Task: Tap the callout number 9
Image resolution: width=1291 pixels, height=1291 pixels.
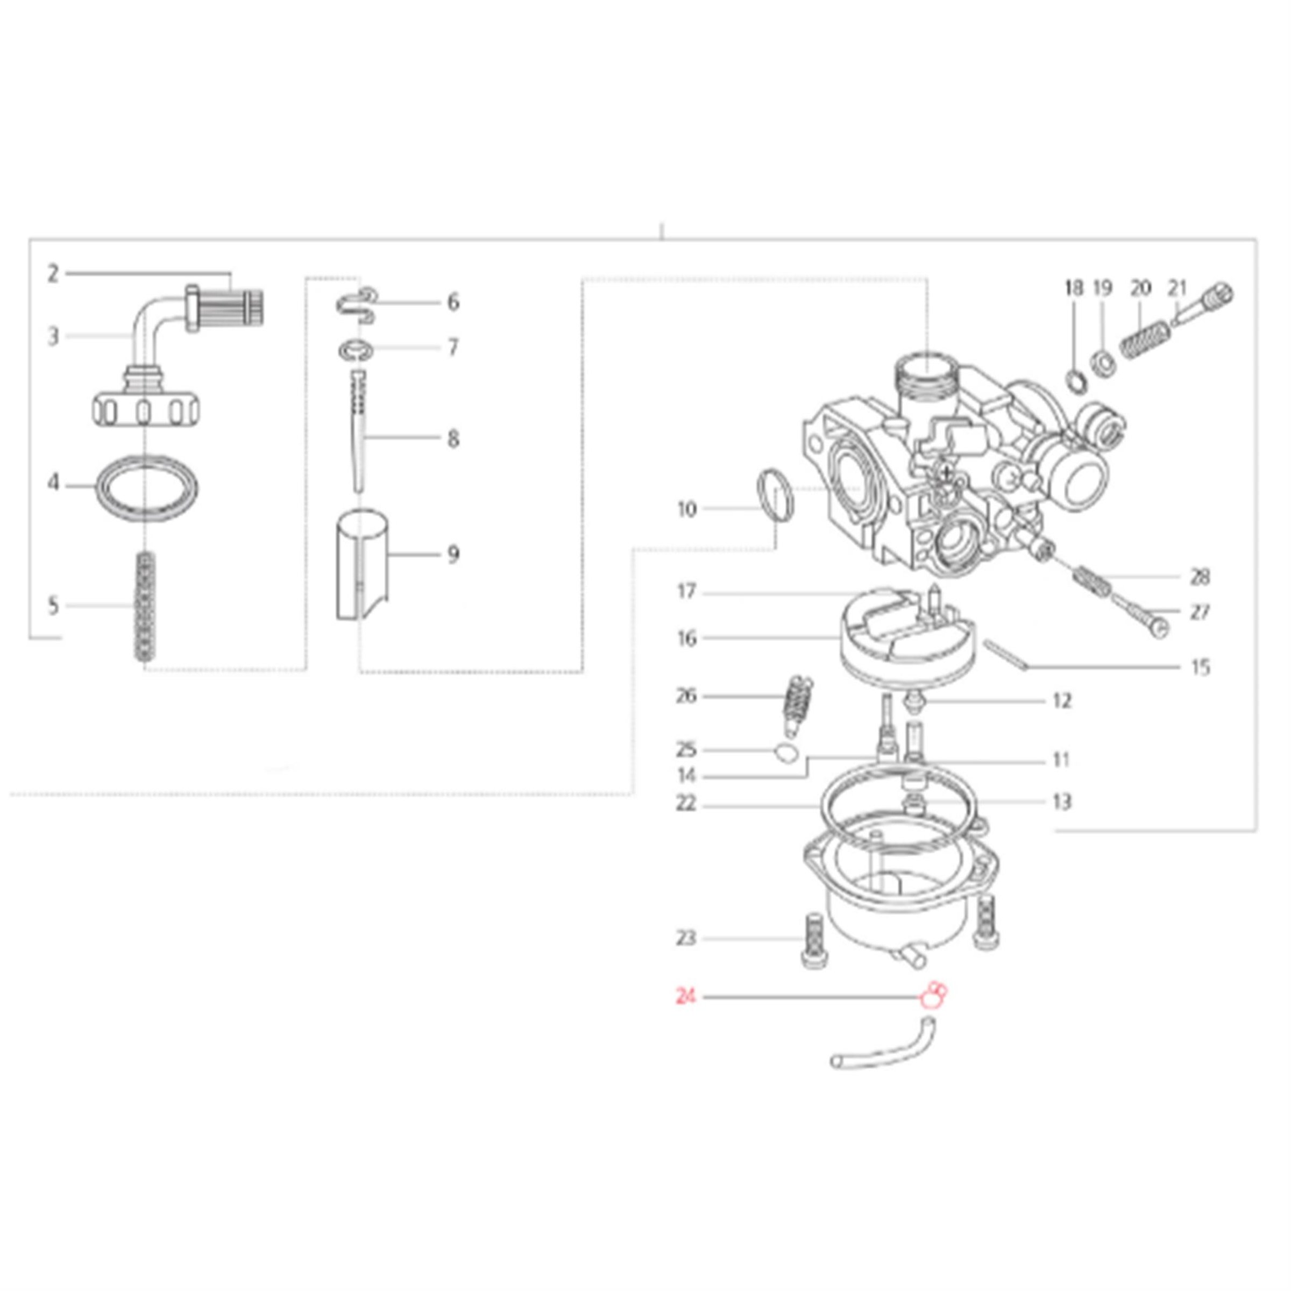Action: coord(453,555)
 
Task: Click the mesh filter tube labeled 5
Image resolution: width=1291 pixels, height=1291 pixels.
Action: coord(145,607)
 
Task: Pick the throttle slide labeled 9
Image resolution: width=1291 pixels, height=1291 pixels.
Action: coord(361,573)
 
